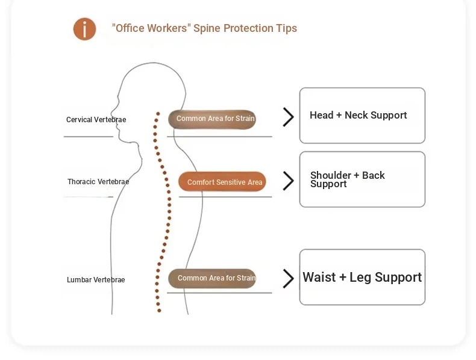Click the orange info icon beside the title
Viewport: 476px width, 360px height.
click(x=85, y=29)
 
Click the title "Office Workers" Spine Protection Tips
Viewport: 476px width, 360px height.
click(x=204, y=28)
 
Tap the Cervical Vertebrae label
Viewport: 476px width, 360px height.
click(x=96, y=120)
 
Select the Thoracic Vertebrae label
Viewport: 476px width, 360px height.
click(x=98, y=182)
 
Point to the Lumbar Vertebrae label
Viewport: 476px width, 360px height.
click(x=96, y=280)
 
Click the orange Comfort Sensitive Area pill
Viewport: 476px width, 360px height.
click(x=222, y=182)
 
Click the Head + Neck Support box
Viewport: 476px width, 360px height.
click(x=362, y=116)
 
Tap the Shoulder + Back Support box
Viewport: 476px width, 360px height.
click(x=362, y=179)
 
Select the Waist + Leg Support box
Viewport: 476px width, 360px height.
click(x=362, y=277)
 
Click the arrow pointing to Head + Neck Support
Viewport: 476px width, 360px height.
click(x=289, y=117)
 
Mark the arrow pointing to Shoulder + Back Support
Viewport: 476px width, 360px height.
click(x=289, y=181)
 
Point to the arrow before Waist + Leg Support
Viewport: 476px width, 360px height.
click(x=289, y=278)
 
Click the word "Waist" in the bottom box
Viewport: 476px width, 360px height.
click(x=319, y=278)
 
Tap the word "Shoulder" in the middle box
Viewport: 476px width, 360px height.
click(x=331, y=175)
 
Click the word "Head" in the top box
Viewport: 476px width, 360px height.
click(x=322, y=115)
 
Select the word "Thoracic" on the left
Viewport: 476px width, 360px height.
click(x=82, y=182)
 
